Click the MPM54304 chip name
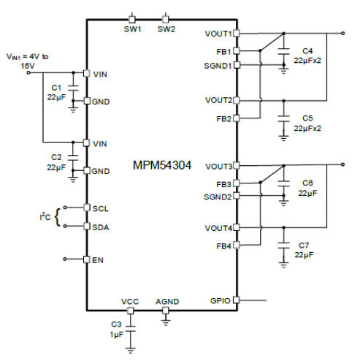tap(162, 165)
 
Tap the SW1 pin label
tap(132, 29)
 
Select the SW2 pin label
tap(166, 29)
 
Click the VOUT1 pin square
tap(237, 34)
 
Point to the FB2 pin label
tap(223, 119)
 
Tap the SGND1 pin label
tap(218, 66)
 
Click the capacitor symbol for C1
tap(73, 88)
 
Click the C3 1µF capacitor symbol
tap(131, 329)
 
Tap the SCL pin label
tap(101, 209)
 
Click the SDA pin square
tap(87, 227)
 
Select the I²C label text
tap(45, 216)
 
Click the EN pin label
tap(98, 260)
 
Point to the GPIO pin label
tap(220, 301)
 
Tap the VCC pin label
tap(130, 302)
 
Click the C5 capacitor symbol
tap(283, 118)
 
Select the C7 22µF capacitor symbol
tap(283, 246)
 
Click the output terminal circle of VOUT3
tap(342, 164)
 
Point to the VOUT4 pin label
tap(218, 228)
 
